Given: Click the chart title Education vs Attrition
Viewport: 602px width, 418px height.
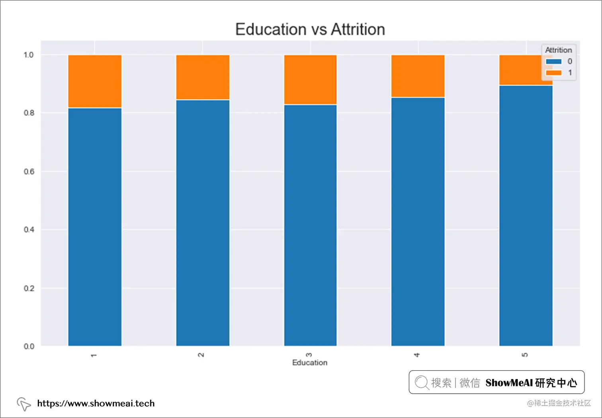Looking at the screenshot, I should pyautogui.click(x=310, y=29).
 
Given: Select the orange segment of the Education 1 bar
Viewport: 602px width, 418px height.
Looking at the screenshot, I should pyautogui.click(x=95, y=81).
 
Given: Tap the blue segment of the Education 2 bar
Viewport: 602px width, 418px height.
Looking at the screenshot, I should pyautogui.click(x=203, y=223).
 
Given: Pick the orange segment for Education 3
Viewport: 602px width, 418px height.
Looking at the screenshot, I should pyautogui.click(x=310, y=80).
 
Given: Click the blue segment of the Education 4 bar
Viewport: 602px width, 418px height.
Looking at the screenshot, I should pyautogui.click(x=418, y=221).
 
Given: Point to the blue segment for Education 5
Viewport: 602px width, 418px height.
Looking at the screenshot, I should pyautogui.click(x=526, y=215).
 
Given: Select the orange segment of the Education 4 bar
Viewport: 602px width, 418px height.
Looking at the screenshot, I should pyautogui.click(x=418, y=76).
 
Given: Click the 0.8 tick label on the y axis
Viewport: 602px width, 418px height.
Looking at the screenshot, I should pyautogui.click(x=29, y=113).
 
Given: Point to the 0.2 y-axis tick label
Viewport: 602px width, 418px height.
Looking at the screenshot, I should pyautogui.click(x=29, y=288).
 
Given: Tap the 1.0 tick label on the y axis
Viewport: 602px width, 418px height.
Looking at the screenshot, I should pyautogui.click(x=29, y=55).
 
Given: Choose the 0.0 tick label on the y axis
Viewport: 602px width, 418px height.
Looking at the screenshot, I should pyautogui.click(x=29, y=346).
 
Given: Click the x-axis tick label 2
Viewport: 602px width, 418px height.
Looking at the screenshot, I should pyautogui.click(x=201, y=355).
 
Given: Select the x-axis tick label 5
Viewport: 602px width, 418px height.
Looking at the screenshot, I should pyautogui.click(x=525, y=355).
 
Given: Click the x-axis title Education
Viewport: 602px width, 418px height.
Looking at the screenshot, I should pyautogui.click(x=310, y=363).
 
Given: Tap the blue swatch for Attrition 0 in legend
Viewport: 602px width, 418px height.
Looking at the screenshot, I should pyautogui.click(x=553, y=61).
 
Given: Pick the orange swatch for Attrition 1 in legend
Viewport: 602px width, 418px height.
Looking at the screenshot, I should pyautogui.click(x=553, y=73).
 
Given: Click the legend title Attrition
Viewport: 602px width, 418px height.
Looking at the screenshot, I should pyautogui.click(x=558, y=50).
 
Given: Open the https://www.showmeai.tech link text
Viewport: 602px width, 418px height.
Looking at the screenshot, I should pyautogui.click(x=96, y=403).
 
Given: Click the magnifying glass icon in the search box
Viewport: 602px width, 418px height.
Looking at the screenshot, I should pyautogui.click(x=421, y=383).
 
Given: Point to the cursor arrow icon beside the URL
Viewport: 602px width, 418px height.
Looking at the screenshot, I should pyautogui.click(x=24, y=404).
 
